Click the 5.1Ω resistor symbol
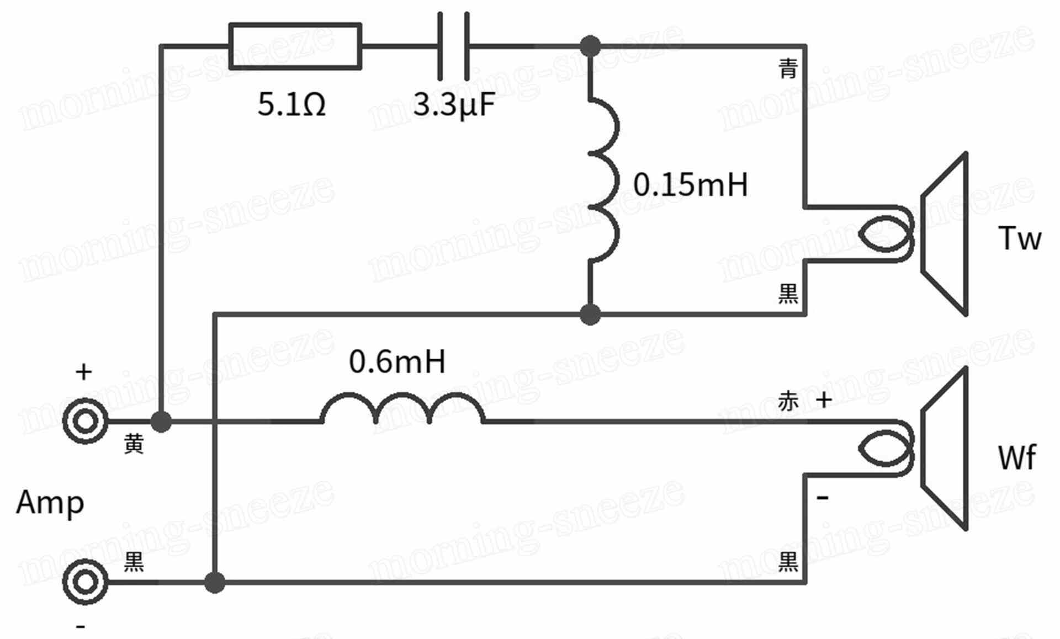295,46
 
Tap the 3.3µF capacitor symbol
454,46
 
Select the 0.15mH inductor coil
604,179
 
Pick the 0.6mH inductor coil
402,408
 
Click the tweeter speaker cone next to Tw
944,234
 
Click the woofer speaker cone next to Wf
944,449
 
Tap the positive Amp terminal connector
85,422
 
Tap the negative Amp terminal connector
85,582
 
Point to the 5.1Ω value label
291,104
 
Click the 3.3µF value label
454,105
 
